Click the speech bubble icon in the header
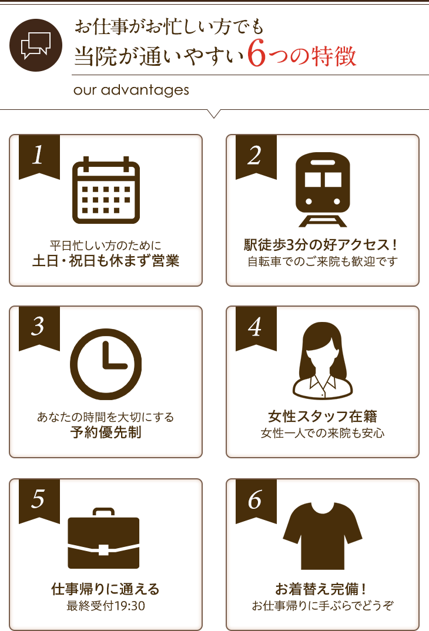[x=35, y=45]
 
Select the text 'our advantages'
[x=131, y=90]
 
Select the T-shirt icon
[x=323, y=528]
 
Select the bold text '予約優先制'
[x=106, y=434]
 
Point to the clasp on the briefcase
[x=104, y=550]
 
